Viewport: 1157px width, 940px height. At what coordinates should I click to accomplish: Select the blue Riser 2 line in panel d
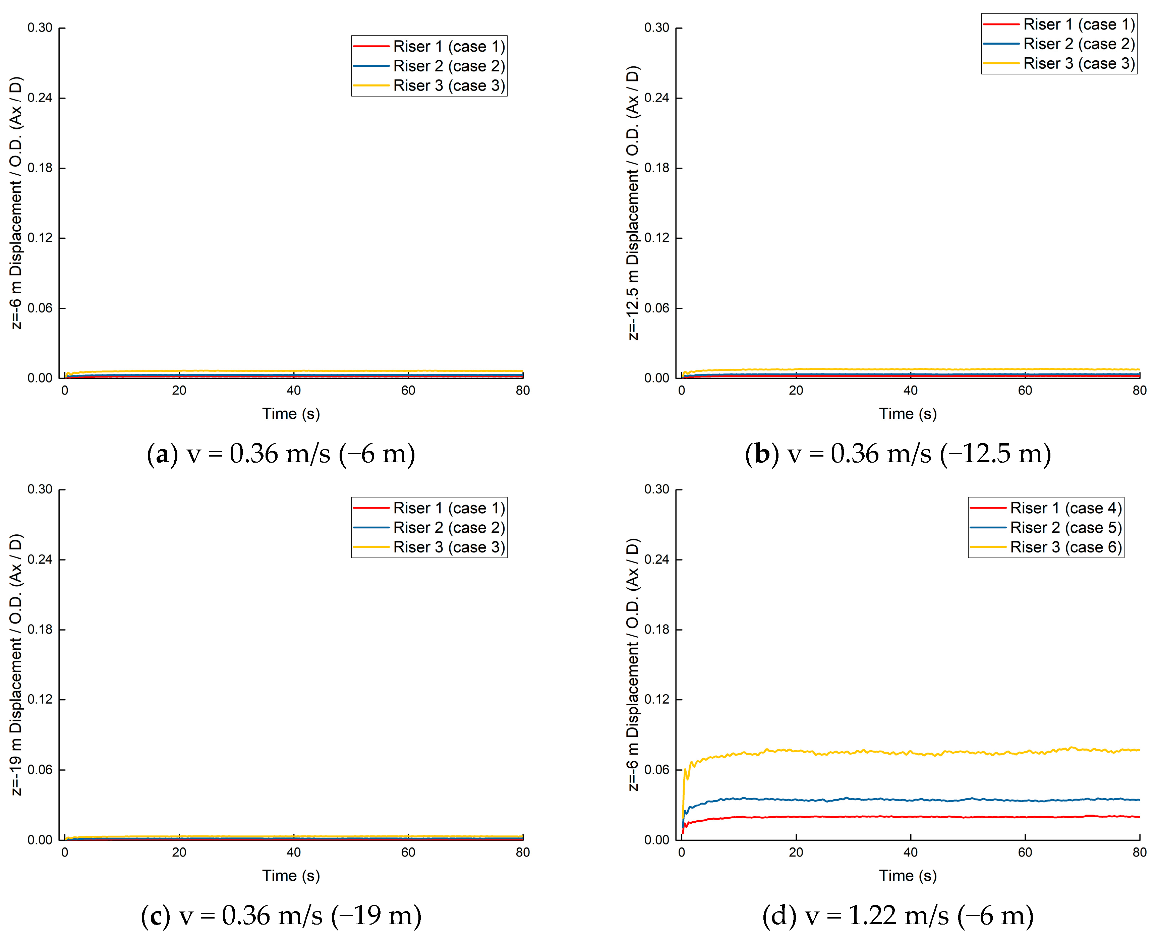(x=910, y=799)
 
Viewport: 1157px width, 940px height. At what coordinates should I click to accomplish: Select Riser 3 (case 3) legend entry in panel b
(x=1079, y=63)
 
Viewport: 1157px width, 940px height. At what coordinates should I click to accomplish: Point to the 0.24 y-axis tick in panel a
(x=40, y=98)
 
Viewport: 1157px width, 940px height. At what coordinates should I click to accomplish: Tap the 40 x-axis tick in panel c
(x=293, y=852)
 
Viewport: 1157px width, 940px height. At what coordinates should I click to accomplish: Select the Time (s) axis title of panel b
(x=908, y=414)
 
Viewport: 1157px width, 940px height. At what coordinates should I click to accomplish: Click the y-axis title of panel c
(x=17, y=665)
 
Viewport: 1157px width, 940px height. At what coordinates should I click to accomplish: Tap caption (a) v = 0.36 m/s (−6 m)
(x=281, y=454)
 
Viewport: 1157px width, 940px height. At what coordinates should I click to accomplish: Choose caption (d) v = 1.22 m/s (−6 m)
(x=898, y=916)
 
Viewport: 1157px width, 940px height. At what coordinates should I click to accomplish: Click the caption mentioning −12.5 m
(x=898, y=454)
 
